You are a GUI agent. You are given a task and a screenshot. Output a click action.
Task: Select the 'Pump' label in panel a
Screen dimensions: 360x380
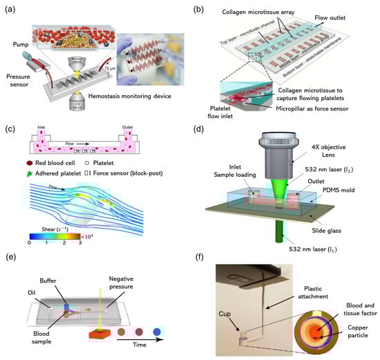pyautogui.click(x=15, y=45)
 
